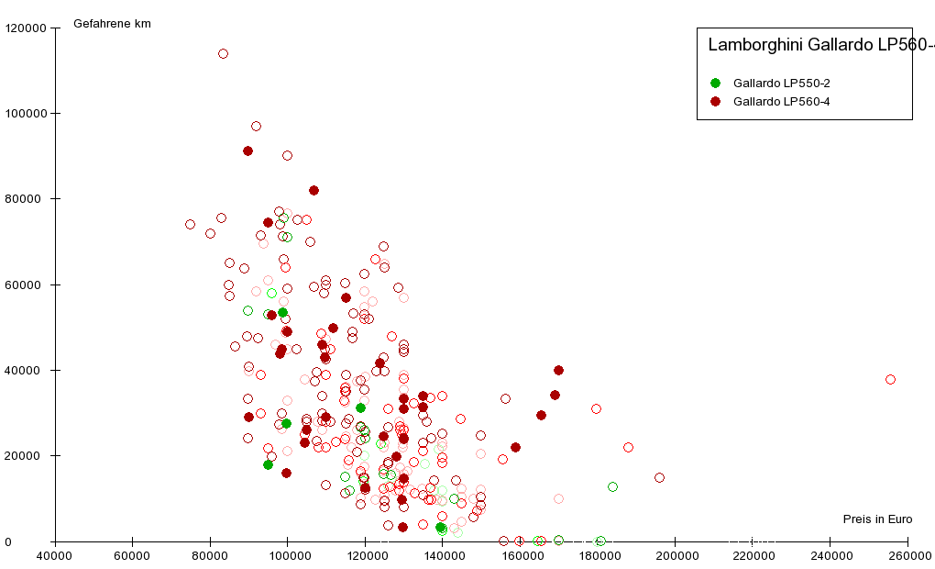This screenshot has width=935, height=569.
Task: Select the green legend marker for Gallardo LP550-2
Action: pos(716,84)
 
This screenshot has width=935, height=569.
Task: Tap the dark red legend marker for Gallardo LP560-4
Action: pos(716,102)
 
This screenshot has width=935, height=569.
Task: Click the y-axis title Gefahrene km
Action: pos(112,24)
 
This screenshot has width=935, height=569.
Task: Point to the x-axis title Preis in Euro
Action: pos(877,519)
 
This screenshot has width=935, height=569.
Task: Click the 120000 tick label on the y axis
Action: pos(26,28)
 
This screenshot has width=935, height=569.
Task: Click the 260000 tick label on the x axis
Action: pos(907,556)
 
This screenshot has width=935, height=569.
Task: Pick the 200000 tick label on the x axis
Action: pos(676,556)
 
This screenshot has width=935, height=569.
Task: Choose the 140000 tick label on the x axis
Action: pos(443,556)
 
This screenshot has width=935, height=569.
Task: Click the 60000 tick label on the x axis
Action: pos(132,556)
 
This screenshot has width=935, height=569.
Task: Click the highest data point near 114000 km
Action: pos(223,54)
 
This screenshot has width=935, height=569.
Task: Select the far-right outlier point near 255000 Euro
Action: pos(890,380)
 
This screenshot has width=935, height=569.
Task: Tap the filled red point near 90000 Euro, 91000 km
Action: pos(247,151)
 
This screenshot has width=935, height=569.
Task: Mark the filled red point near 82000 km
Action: pos(313,191)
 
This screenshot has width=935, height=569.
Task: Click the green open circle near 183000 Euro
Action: pos(612,486)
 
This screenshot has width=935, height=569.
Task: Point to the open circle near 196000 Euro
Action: pos(659,477)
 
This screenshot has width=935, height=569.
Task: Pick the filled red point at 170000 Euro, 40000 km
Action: pos(558,370)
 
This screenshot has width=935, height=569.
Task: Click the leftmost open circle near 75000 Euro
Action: pos(190,225)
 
